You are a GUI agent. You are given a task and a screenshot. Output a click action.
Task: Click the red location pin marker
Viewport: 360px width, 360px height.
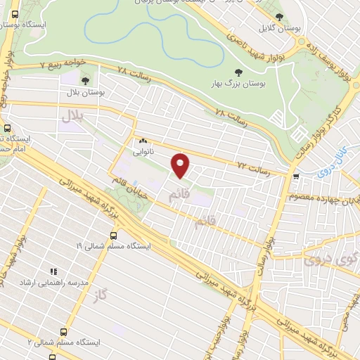tap(181, 165)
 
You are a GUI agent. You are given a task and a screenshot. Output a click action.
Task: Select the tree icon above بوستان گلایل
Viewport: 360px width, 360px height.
tap(279, 17)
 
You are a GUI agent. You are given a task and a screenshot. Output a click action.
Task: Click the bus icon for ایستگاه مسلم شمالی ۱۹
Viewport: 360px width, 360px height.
tap(113, 236)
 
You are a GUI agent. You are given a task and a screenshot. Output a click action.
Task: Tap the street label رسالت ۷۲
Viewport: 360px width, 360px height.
tap(254, 167)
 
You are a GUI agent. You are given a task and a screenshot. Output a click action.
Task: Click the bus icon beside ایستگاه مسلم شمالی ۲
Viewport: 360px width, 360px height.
tap(64, 330)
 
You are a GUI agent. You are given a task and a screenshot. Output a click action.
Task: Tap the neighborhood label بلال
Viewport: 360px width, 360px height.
tap(72, 115)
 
